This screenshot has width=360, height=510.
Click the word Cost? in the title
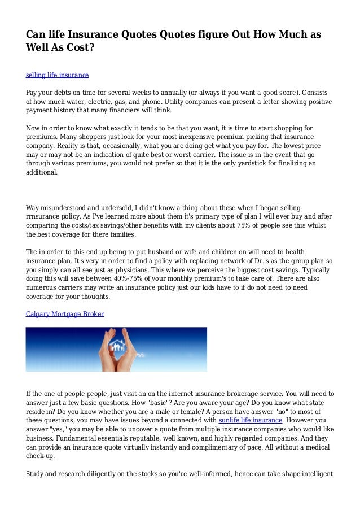[79, 47]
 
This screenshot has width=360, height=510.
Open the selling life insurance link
[58, 75]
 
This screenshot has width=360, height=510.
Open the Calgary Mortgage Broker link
[65, 313]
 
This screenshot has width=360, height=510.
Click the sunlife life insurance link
[250, 420]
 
